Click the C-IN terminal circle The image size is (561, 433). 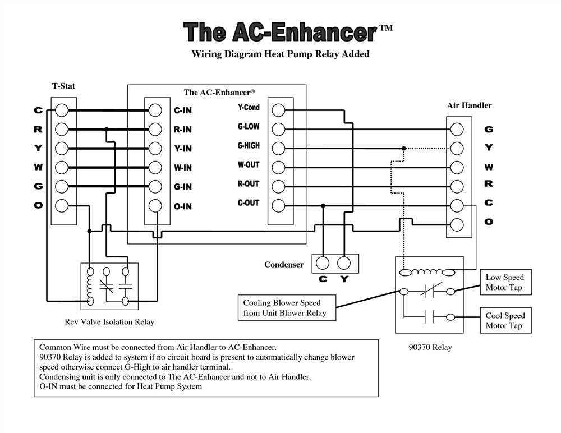pyautogui.click(x=155, y=110)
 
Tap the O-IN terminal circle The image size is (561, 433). pyautogui.click(x=155, y=206)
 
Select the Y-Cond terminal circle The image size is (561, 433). pyautogui.click(x=278, y=110)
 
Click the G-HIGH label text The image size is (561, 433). pyautogui.click(x=249, y=146)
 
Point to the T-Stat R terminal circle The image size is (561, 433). pyautogui.click(x=62, y=129)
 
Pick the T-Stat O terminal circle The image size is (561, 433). pyautogui.click(x=62, y=206)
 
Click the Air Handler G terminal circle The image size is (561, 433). pyautogui.click(x=457, y=129)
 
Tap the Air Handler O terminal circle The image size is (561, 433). pyautogui.click(x=457, y=225)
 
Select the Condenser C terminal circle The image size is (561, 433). pyautogui.click(x=323, y=263)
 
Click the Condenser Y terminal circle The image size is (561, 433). pyautogui.click(x=344, y=263)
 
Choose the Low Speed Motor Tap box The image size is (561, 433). pyautogui.click(x=505, y=282)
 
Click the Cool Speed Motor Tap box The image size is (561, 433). pyautogui.click(x=505, y=320)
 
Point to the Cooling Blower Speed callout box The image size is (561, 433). pyautogui.click(x=287, y=307)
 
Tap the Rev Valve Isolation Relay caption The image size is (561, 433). pyautogui.click(x=109, y=322)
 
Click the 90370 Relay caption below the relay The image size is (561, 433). pyautogui.click(x=430, y=347)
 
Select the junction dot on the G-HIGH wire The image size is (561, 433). pyautogui.click(x=404, y=148)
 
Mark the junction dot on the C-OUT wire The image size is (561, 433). pyautogui.click(x=323, y=206)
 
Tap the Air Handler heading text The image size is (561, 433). pyautogui.click(x=470, y=105)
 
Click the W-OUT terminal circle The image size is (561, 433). pyautogui.click(x=278, y=167)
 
